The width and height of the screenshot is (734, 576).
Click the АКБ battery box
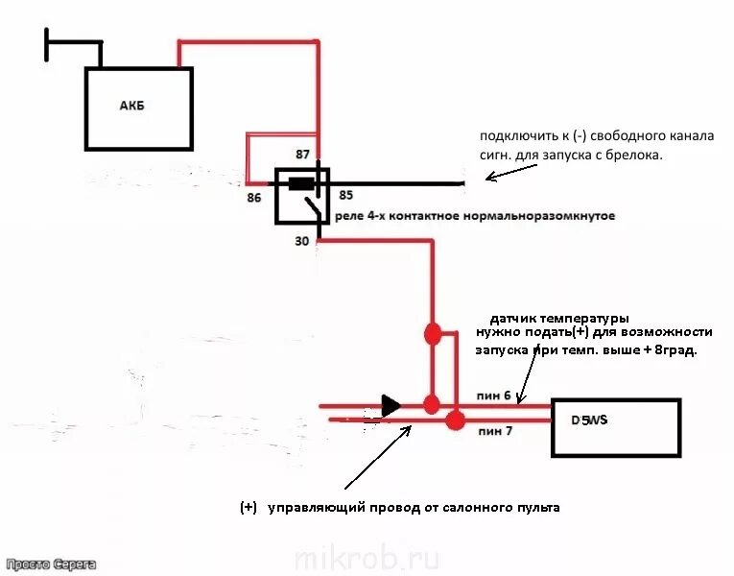point(138,108)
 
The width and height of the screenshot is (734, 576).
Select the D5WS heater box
point(615,427)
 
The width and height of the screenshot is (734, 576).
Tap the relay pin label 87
point(303,155)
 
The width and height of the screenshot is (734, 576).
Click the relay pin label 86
point(254,197)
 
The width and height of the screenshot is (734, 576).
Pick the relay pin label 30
point(302,241)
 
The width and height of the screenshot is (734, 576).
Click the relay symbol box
point(302,195)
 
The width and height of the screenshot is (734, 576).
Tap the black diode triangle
point(391,406)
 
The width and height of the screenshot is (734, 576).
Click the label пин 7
point(495,431)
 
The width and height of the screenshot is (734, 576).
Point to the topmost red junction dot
point(432,334)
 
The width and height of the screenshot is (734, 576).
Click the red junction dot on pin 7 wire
point(455,420)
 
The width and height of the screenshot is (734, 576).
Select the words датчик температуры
point(558,318)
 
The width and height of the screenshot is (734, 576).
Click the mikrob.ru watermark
point(367,558)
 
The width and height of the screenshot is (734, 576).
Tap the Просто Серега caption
point(49,565)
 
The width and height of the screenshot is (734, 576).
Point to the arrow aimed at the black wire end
point(509,173)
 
